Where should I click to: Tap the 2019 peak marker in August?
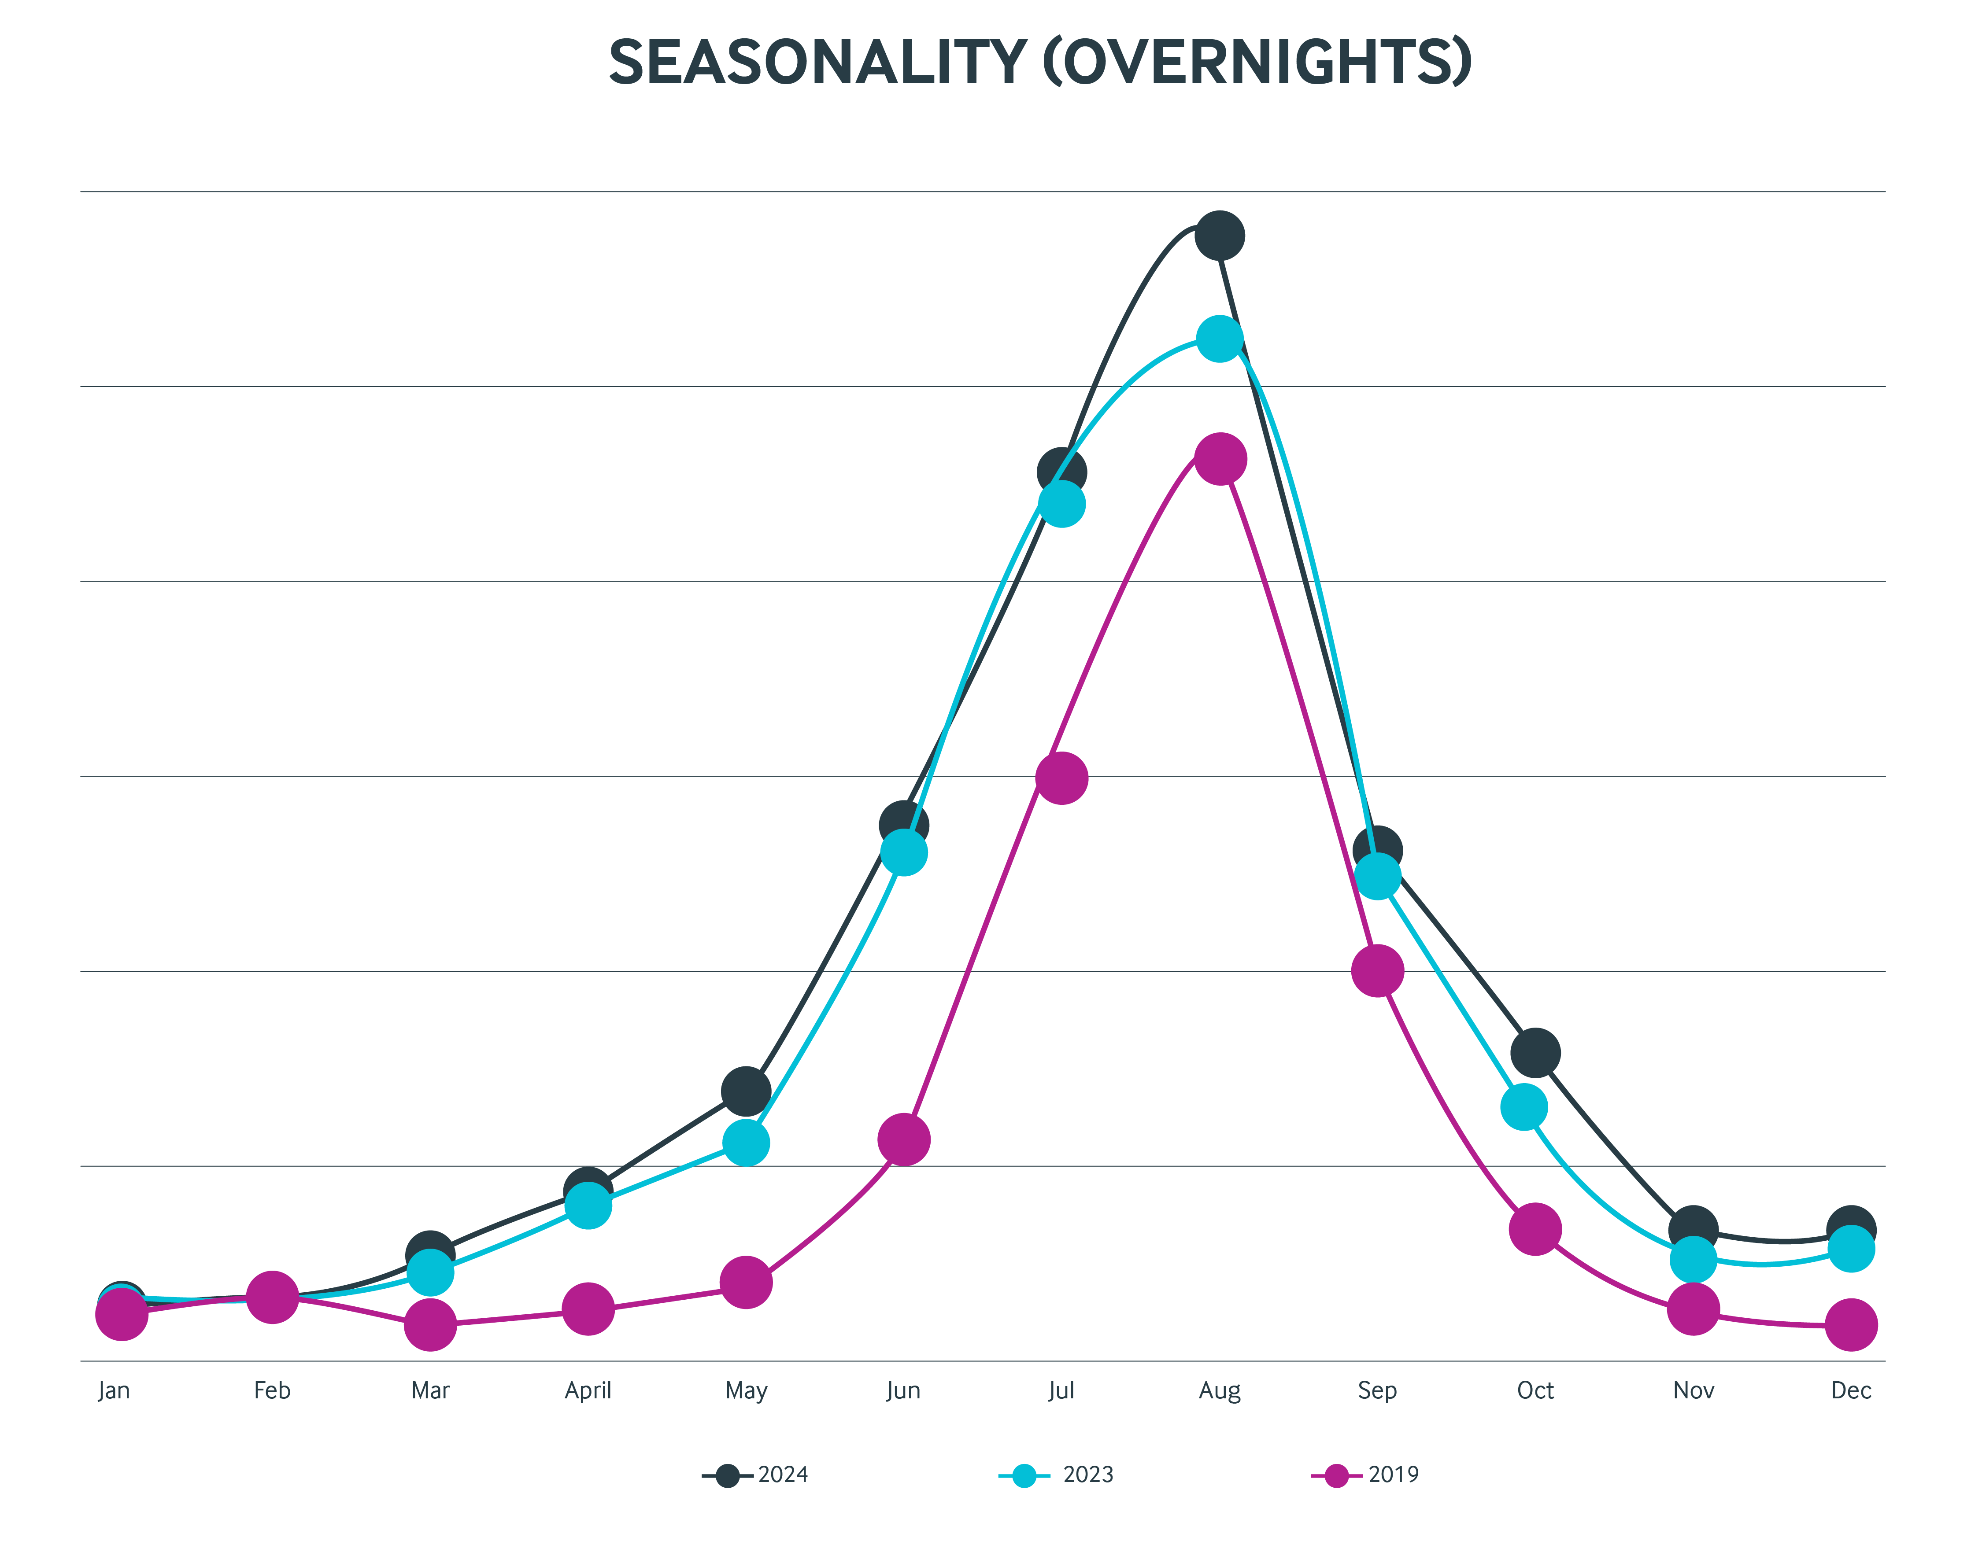tap(1220, 459)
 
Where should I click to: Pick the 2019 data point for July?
tap(1061, 778)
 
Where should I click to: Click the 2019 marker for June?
tap(904, 1139)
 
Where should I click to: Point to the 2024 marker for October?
tap(1535, 1053)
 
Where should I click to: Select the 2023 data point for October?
tap(1523, 1107)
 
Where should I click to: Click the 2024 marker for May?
tap(746, 1091)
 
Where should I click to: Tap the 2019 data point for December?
tap(1850, 1325)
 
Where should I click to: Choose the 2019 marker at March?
tap(430, 1324)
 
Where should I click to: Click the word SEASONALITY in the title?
tap(817, 63)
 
